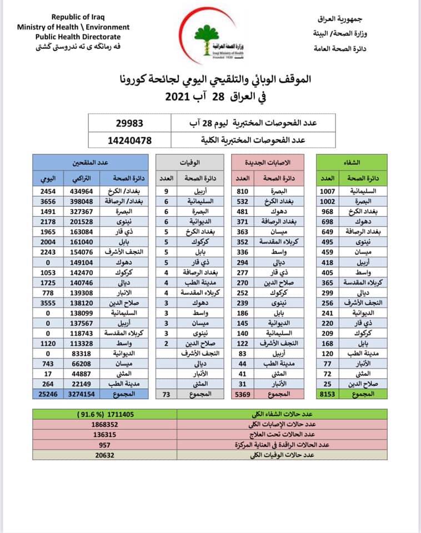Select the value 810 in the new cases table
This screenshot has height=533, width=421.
coord(244,191)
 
